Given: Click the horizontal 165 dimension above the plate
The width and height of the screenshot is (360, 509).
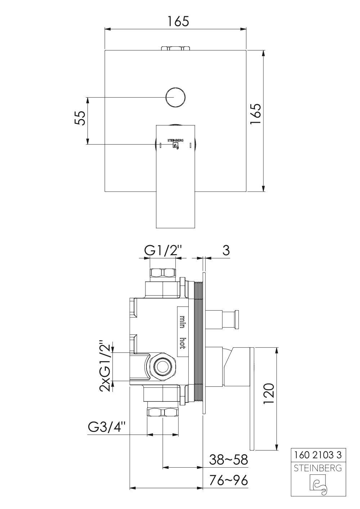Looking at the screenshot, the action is [178, 21].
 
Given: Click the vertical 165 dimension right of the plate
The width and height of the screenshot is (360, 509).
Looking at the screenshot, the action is [256, 114].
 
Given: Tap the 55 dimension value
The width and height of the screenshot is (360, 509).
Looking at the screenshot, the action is [80, 118].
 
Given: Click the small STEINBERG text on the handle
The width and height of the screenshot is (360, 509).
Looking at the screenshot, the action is [175, 140].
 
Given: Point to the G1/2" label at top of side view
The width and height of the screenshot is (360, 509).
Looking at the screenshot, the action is [163, 251].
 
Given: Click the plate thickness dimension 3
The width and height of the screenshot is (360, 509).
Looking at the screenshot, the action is [226, 251].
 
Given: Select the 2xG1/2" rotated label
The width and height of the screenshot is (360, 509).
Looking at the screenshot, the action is [105, 367].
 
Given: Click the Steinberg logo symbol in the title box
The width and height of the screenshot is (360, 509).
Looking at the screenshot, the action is [318, 485].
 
